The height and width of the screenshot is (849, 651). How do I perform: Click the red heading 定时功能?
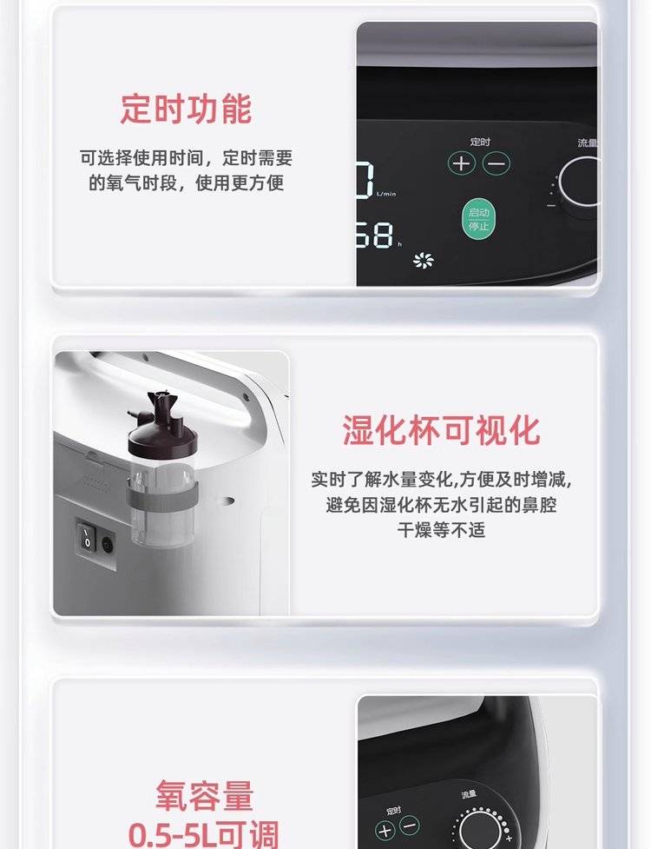point(186,109)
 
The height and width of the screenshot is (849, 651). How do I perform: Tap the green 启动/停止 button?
point(478,219)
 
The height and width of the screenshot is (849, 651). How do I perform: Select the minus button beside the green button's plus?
point(496,163)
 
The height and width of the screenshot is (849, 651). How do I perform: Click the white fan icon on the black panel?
point(423,261)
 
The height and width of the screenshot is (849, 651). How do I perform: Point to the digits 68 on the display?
point(375,235)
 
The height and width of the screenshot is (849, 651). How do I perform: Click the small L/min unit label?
point(386,193)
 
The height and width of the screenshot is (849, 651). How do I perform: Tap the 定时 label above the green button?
point(480,142)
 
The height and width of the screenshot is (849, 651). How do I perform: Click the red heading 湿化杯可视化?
point(441,431)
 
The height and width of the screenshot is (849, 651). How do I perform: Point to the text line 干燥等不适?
point(441,529)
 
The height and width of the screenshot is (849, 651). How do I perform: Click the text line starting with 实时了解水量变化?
point(441,480)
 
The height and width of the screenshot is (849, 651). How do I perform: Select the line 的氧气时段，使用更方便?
point(186,183)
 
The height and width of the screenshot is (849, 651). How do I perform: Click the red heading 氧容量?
point(204,795)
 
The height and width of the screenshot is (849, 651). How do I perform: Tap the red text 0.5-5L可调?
point(203,834)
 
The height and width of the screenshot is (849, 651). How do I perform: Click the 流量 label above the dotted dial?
point(469,794)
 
